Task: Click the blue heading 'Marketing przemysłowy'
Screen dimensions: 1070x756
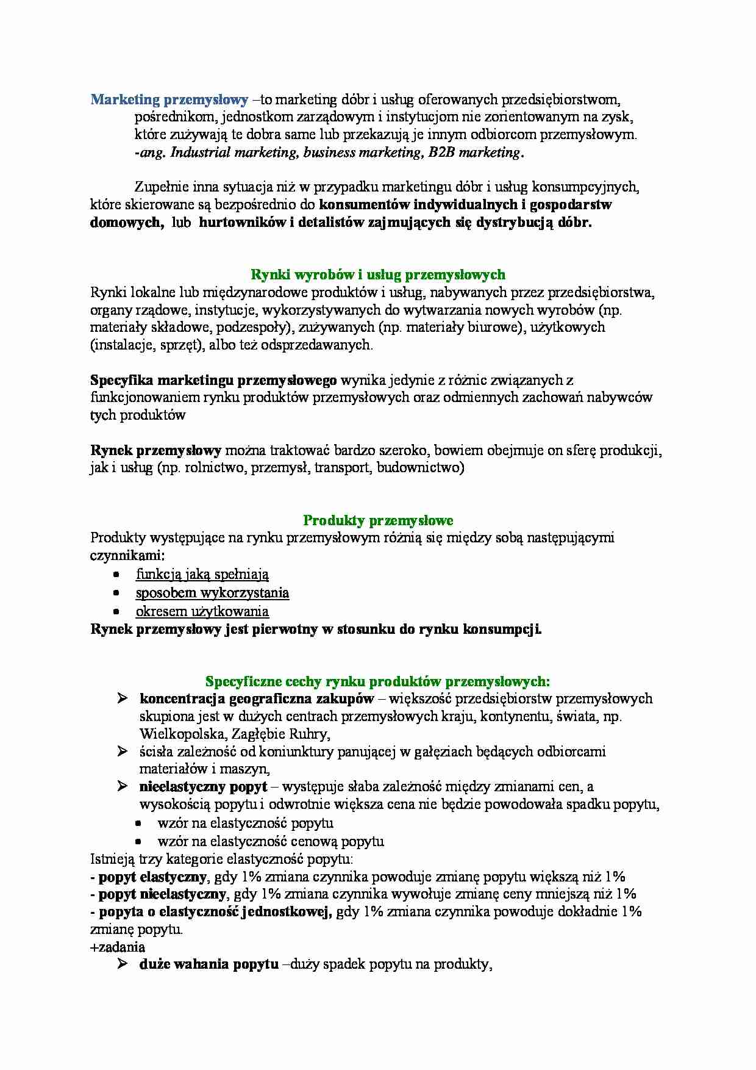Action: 169,99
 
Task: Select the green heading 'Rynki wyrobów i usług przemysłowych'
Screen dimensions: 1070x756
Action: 378,275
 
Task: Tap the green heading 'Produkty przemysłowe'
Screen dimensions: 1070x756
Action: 378,520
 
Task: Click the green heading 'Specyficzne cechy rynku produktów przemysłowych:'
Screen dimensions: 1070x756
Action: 378,681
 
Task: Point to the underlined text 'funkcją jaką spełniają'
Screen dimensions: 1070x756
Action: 202,574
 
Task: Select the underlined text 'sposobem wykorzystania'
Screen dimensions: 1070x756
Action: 212,592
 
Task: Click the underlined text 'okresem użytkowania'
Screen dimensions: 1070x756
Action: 202,611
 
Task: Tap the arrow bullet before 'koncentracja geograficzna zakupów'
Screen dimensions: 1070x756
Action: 122,698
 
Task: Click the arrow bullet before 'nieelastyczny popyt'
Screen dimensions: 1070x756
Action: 122,786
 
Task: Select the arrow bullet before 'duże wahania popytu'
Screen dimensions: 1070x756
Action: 122,964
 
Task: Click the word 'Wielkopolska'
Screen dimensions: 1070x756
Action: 177,734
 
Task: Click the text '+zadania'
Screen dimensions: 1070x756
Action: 117,947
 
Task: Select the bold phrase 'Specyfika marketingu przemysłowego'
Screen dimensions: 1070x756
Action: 213,381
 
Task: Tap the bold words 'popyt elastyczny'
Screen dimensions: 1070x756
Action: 153,877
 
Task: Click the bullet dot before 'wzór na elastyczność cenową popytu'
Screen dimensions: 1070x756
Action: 139,842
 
